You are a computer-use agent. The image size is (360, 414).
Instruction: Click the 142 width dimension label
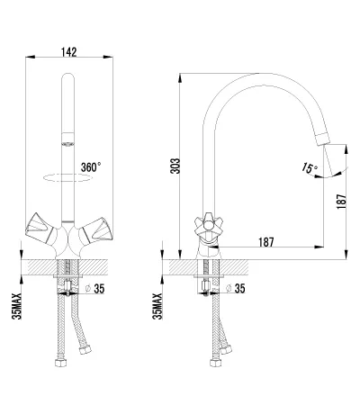[69, 52]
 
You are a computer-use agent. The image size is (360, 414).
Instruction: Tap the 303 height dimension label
[175, 166]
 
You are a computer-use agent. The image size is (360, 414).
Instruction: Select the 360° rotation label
[91, 167]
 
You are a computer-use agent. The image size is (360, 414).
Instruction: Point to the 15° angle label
[310, 167]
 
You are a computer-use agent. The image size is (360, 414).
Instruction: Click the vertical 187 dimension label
[341, 202]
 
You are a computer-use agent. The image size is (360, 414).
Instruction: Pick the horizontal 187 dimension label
[266, 242]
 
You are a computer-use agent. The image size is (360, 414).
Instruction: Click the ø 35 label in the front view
[95, 289]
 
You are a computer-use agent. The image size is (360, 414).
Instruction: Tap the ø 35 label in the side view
[236, 288]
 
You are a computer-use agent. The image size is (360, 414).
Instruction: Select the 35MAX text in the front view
[17, 306]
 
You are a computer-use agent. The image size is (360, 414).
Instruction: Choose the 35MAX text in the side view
[157, 306]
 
